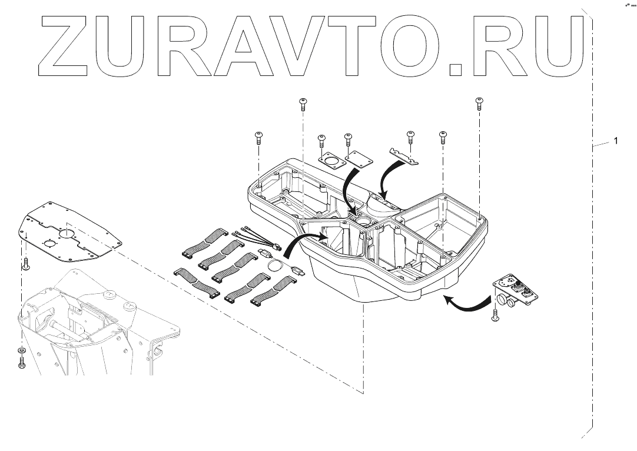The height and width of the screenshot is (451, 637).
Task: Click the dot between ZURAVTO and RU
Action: (456, 69)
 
